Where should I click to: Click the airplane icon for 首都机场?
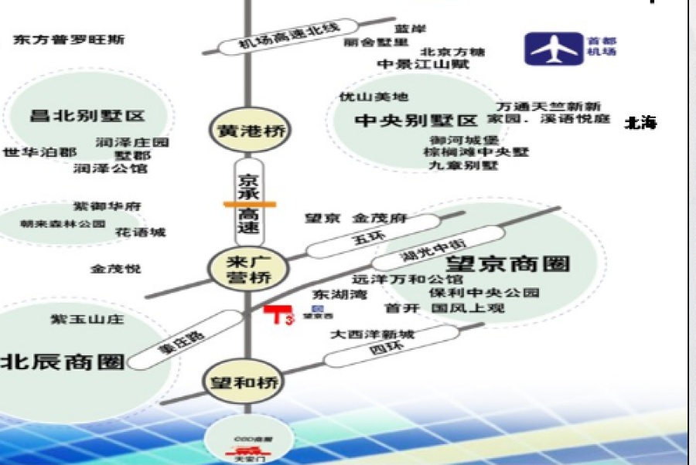click(x=554, y=49)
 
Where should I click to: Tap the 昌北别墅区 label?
click(x=87, y=117)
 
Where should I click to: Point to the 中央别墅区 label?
click(x=416, y=121)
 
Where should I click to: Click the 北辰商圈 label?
click(x=62, y=361)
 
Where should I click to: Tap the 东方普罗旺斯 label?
click(x=68, y=39)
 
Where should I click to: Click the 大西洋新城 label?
click(x=372, y=334)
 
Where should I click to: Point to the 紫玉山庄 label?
click(x=87, y=319)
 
